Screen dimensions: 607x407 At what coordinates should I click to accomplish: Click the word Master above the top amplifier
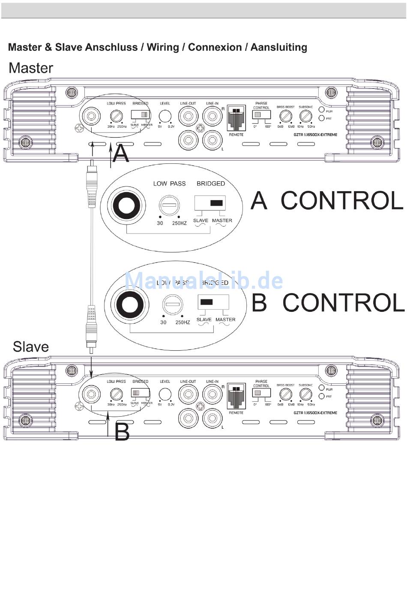[x=31, y=68]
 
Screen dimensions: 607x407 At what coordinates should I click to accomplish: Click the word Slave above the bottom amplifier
[x=31, y=346]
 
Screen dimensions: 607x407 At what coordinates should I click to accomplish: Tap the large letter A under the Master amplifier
[x=121, y=154]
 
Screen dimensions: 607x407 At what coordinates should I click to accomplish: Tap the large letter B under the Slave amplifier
[x=122, y=432]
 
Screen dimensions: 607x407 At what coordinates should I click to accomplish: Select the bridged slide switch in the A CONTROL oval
[x=210, y=203]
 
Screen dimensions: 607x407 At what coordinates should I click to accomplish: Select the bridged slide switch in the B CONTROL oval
[x=213, y=302]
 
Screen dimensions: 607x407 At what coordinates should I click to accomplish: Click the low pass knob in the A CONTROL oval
[x=169, y=206]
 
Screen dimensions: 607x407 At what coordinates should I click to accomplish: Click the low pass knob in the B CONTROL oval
[x=173, y=305]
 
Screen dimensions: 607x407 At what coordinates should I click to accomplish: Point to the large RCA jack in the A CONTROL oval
[x=126, y=206]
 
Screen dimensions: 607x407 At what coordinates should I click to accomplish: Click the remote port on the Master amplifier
[x=236, y=118]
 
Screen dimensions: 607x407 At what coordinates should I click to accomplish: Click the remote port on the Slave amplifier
[x=236, y=396]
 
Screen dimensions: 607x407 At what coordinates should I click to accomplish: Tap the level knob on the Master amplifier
[x=165, y=116]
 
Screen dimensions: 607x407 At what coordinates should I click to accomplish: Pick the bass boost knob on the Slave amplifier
[x=286, y=394]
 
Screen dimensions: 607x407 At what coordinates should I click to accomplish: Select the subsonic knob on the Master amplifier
[x=305, y=116]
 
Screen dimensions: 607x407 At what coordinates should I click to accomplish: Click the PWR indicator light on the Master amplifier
[x=322, y=110]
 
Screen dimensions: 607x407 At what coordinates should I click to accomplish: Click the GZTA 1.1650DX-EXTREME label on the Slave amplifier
[x=315, y=413]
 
